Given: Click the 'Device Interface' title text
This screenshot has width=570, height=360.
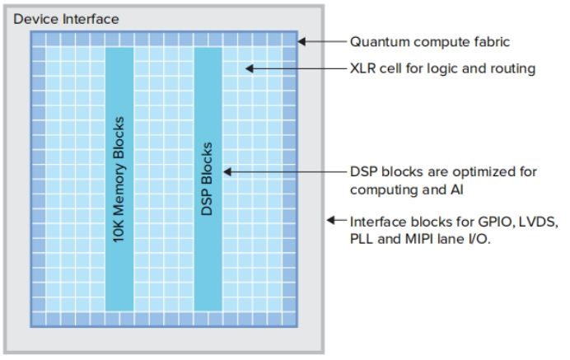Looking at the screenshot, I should tap(66, 18).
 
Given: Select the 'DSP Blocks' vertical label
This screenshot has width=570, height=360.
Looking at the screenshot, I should tap(207, 179).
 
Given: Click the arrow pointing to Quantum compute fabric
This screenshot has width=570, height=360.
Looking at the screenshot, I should tap(320, 41).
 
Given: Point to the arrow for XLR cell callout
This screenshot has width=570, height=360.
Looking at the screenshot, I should tap(293, 68).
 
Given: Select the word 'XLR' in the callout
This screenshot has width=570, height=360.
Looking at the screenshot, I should tap(364, 68).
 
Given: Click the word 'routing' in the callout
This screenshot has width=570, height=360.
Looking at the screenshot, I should tap(512, 68).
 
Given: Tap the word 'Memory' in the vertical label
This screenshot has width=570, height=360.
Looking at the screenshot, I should tap(119, 174).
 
